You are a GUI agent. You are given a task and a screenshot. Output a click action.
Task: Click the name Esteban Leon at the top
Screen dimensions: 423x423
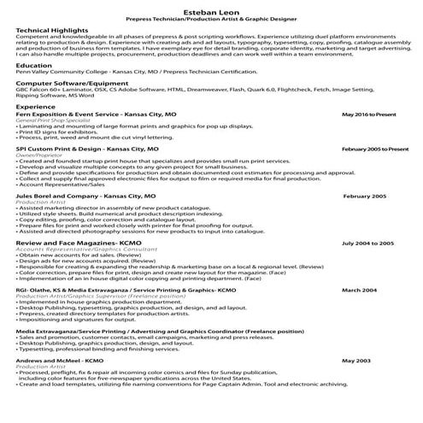tap(211, 8)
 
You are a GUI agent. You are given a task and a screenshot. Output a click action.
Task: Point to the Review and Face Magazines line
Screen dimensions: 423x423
tap(72, 243)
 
